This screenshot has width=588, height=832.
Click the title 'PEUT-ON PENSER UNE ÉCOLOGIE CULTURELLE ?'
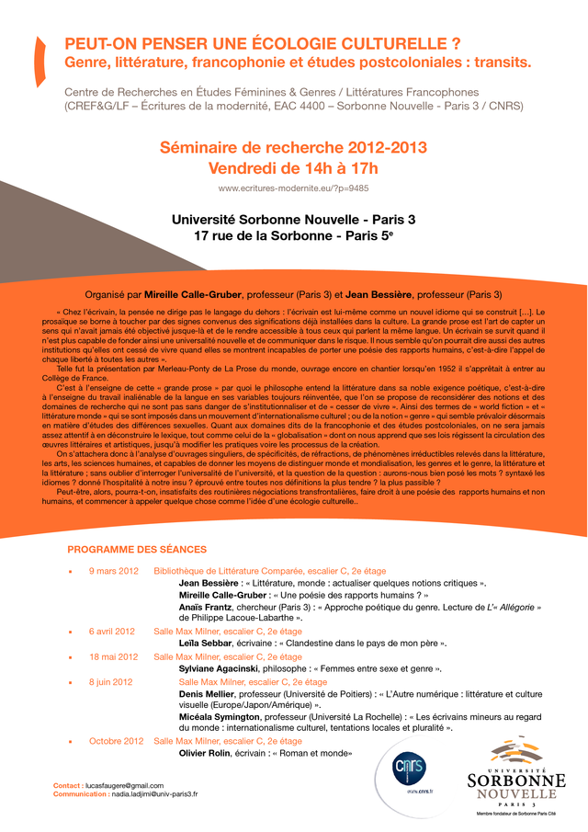click(x=262, y=44)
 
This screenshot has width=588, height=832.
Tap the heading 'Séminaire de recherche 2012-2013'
click(x=293, y=148)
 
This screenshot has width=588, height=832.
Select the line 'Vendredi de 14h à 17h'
click(x=293, y=168)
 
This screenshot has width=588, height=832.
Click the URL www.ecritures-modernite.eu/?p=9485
click(x=293, y=188)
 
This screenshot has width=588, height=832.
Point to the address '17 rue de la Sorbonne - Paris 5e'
click(x=293, y=236)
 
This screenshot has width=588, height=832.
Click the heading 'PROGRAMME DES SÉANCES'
click(x=137, y=550)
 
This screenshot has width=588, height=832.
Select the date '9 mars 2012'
click(x=113, y=571)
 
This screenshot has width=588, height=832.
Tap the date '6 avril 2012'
click(x=112, y=632)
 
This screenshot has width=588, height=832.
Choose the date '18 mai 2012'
click(x=113, y=657)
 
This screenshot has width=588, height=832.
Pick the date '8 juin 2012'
click(x=111, y=682)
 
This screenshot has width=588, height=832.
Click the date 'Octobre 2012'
click(x=117, y=741)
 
